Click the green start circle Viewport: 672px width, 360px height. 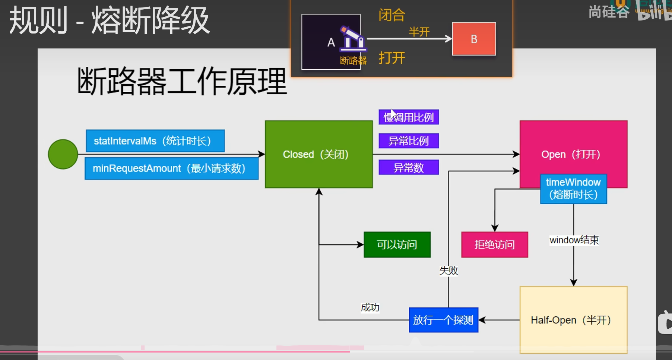pyautogui.click(x=63, y=154)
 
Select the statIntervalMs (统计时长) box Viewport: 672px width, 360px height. pyautogui.click(x=155, y=141)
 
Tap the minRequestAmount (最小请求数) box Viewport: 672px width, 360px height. pyautogui.click(x=171, y=168)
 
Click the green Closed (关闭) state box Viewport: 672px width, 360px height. pyautogui.click(x=318, y=154)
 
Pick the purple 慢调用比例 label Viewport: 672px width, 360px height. pyautogui.click(x=409, y=117)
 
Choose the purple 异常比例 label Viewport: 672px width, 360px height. pyautogui.click(x=409, y=141)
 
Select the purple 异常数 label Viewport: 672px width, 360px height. pyautogui.click(x=409, y=168)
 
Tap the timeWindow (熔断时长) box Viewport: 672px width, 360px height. pyautogui.click(x=573, y=189)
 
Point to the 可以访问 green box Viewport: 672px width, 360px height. pyautogui.click(x=397, y=245)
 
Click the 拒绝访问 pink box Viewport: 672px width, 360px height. pyautogui.click(x=495, y=245)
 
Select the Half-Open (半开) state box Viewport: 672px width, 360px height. pyautogui.click(x=573, y=320)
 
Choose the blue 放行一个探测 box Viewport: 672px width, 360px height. pyautogui.click(x=443, y=320)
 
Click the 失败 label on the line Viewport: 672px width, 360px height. pyautogui.click(x=448, y=271)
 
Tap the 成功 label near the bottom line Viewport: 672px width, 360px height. pyautogui.click(x=370, y=307)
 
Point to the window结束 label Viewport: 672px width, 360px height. pyautogui.click(x=574, y=240)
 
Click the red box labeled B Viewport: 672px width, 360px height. pyautogui.click(x=474, y=39)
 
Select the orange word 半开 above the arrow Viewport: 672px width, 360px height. pyautogui.click(x=419, y=32)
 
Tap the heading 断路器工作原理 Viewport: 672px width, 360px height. pyautogui.click(x=182, y=81)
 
